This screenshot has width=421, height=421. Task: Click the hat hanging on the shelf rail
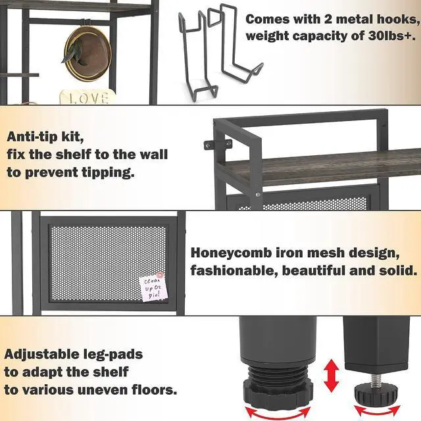(87, 53)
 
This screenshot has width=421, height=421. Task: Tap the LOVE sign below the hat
(88, 97)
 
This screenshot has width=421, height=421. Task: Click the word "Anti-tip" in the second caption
(32, 137)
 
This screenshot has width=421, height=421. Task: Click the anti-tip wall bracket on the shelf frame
(218, 145)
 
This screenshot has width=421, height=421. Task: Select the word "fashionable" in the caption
(234, 271)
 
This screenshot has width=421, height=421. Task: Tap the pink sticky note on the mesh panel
(153, 288)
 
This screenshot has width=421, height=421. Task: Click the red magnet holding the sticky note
(160, 275)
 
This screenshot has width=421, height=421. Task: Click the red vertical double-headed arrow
(332, 376)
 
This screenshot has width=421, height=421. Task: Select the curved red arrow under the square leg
(377, 412)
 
